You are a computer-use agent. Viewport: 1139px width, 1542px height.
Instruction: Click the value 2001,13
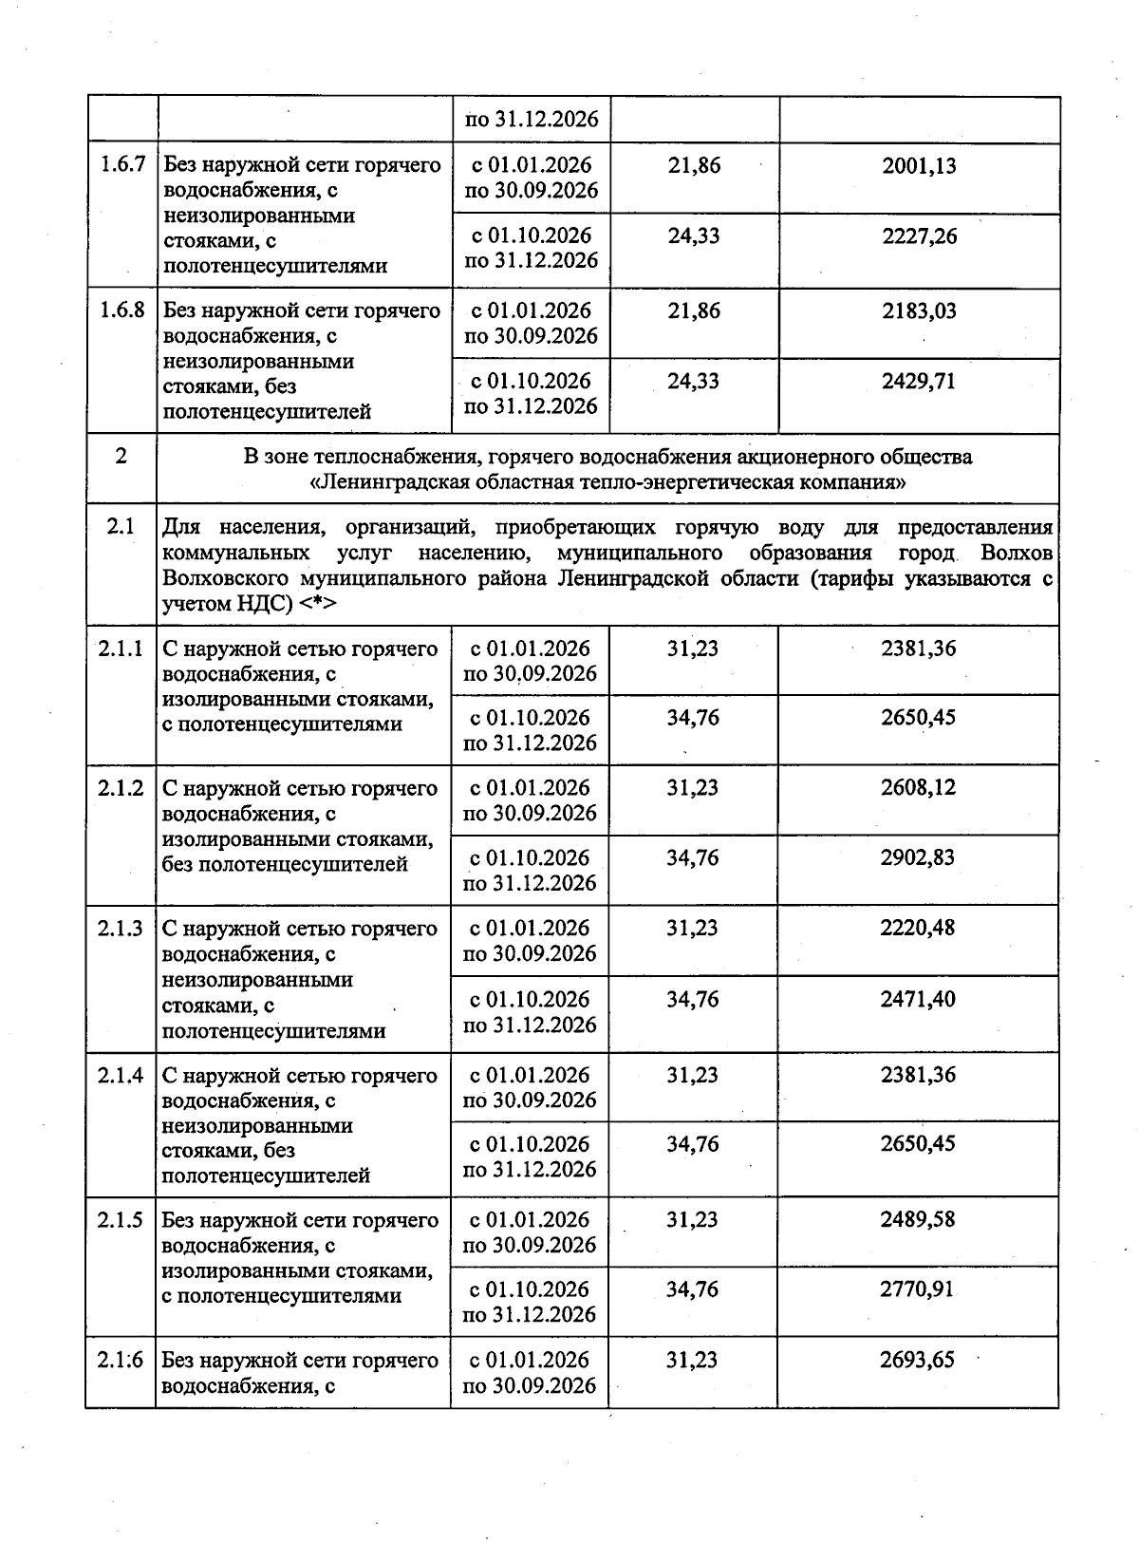coord(919,166)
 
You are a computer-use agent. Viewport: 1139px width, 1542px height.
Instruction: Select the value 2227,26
coord(919,235)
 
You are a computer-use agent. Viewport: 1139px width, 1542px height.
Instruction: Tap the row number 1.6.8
coord(122,311)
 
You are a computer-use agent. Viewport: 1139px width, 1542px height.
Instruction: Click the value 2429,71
coord(919,382)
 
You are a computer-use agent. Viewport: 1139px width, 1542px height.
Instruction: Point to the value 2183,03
coord(919,311)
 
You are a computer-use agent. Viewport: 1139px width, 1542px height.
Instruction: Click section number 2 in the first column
coord(121,457)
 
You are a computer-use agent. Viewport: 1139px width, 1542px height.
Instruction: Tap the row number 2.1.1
coord(121,649)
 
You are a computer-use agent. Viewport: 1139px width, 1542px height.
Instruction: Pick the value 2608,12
coord(918,788)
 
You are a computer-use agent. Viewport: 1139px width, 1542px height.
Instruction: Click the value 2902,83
coord(918,858)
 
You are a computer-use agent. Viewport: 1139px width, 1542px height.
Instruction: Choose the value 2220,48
coord(918,929)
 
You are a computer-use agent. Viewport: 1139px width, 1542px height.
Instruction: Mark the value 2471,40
coord(918,1000)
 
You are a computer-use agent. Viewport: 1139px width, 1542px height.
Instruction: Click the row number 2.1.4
coord(121,1076)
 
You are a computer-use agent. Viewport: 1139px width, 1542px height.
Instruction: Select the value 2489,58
coord(918,1220)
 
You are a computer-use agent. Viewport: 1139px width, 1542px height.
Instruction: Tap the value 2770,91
coord(918,1289)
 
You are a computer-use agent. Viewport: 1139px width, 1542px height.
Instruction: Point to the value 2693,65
coord(918,1360)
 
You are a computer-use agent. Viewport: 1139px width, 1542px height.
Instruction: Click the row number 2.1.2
coord(121,789)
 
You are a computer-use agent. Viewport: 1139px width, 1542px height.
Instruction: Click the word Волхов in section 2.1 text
coord(1018,554)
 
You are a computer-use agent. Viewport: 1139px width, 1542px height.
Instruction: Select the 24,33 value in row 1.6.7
coord(694,235)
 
